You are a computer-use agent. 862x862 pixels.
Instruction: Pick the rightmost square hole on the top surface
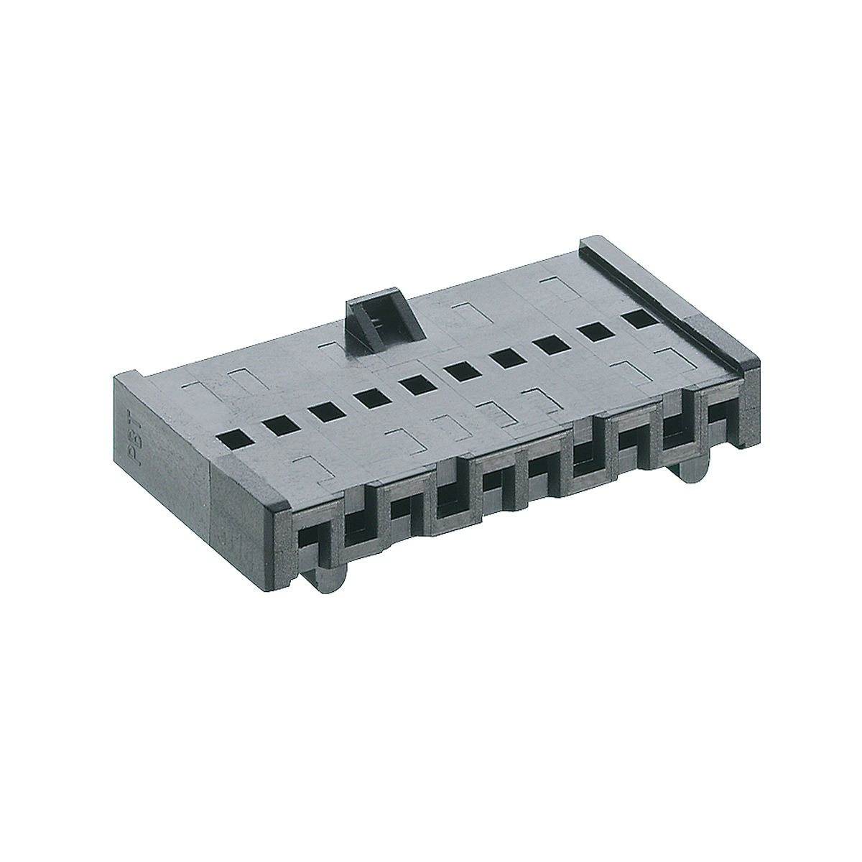636,319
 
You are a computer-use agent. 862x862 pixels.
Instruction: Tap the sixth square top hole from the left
458,371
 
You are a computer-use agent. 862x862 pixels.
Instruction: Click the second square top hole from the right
595,332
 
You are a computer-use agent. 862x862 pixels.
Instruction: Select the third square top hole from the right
552,345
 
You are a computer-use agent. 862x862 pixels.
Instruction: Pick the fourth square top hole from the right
506,358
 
